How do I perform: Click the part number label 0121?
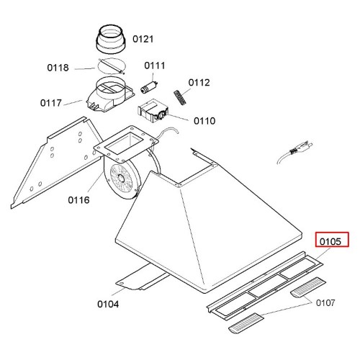tap(143, 39)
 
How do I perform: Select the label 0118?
tap(58, 68)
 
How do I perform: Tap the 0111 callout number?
tap(155, 66)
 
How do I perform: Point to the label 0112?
tap(199, 83)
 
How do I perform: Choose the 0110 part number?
tap(204, 121)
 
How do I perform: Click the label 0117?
tap(51, 103)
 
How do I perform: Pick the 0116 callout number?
tap(78, 199)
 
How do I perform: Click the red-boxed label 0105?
tap(330, 241)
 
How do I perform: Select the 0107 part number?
tap(325, 303)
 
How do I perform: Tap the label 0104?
tap(108, 304)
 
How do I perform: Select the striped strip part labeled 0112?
tap(180, 97)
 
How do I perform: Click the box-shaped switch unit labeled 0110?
tap(153, 111)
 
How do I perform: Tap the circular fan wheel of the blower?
tap(121, 179)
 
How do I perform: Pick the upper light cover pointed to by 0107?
tap(308, 287)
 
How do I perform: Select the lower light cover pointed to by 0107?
tap(246, 323)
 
